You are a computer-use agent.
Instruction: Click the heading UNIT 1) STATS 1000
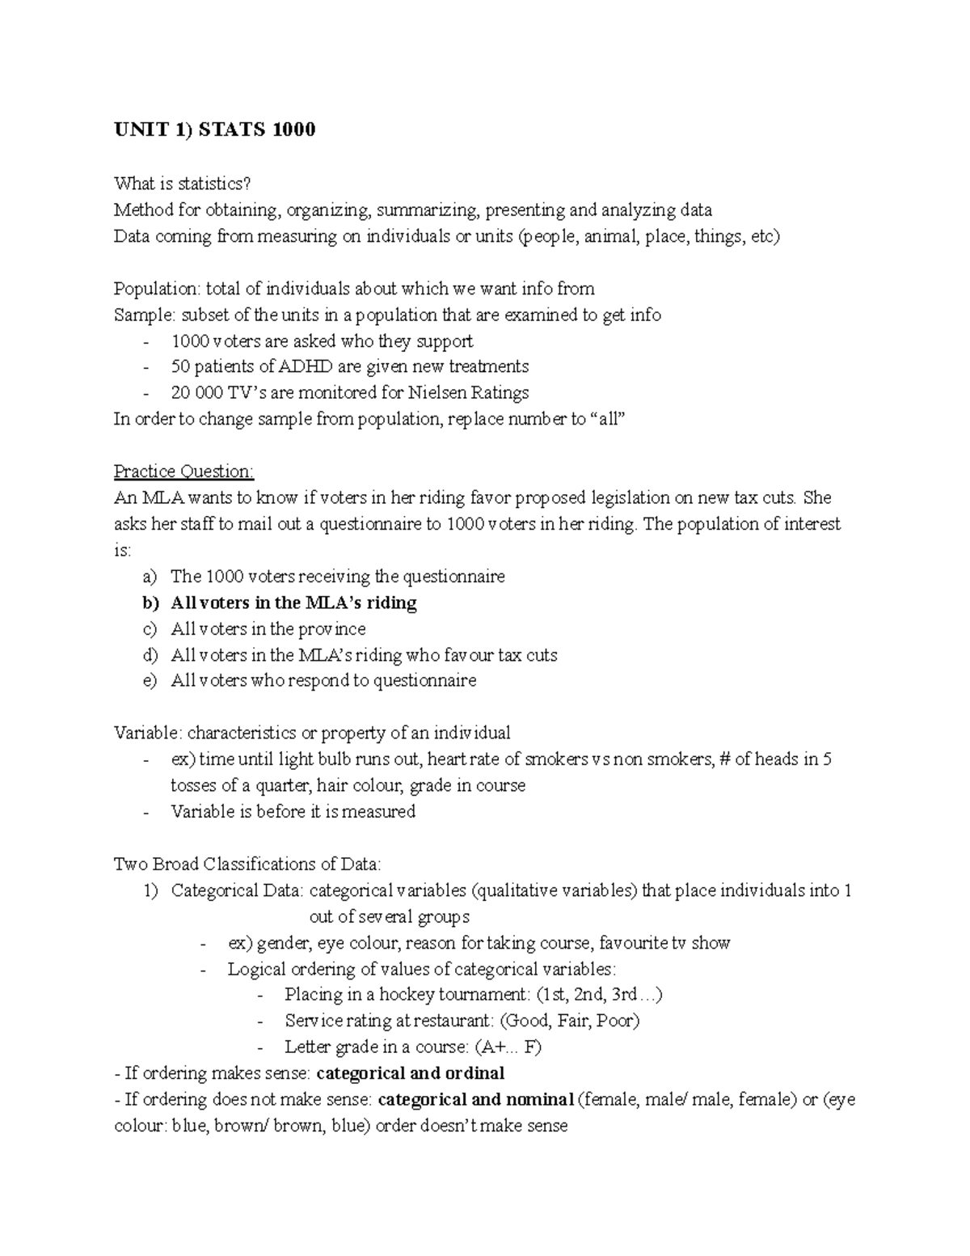(214, 129)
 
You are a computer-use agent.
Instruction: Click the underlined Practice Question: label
(183, 472)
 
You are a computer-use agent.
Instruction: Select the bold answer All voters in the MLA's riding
(293, 603)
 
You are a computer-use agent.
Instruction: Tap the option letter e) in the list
(148, 681)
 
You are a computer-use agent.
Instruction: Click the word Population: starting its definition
(157, 289)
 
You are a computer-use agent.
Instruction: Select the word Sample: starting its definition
(145, 315)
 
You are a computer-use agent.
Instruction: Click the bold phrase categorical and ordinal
(410, 1074)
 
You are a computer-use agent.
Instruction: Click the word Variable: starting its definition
(149, 734)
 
